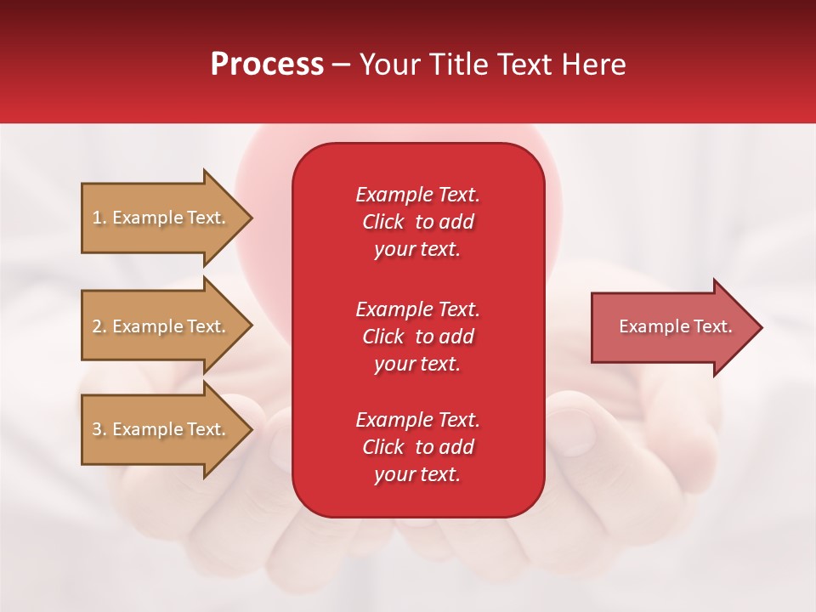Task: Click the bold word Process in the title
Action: (267, 65)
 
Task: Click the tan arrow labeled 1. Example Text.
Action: (158, 218)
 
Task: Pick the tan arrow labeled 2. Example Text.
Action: (158, 326)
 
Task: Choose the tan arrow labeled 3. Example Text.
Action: (158, 429)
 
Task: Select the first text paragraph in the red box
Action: (417, 222)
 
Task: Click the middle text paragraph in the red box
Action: (417, 337)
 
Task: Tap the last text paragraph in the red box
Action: (417, 447)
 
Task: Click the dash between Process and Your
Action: (342, 65)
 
